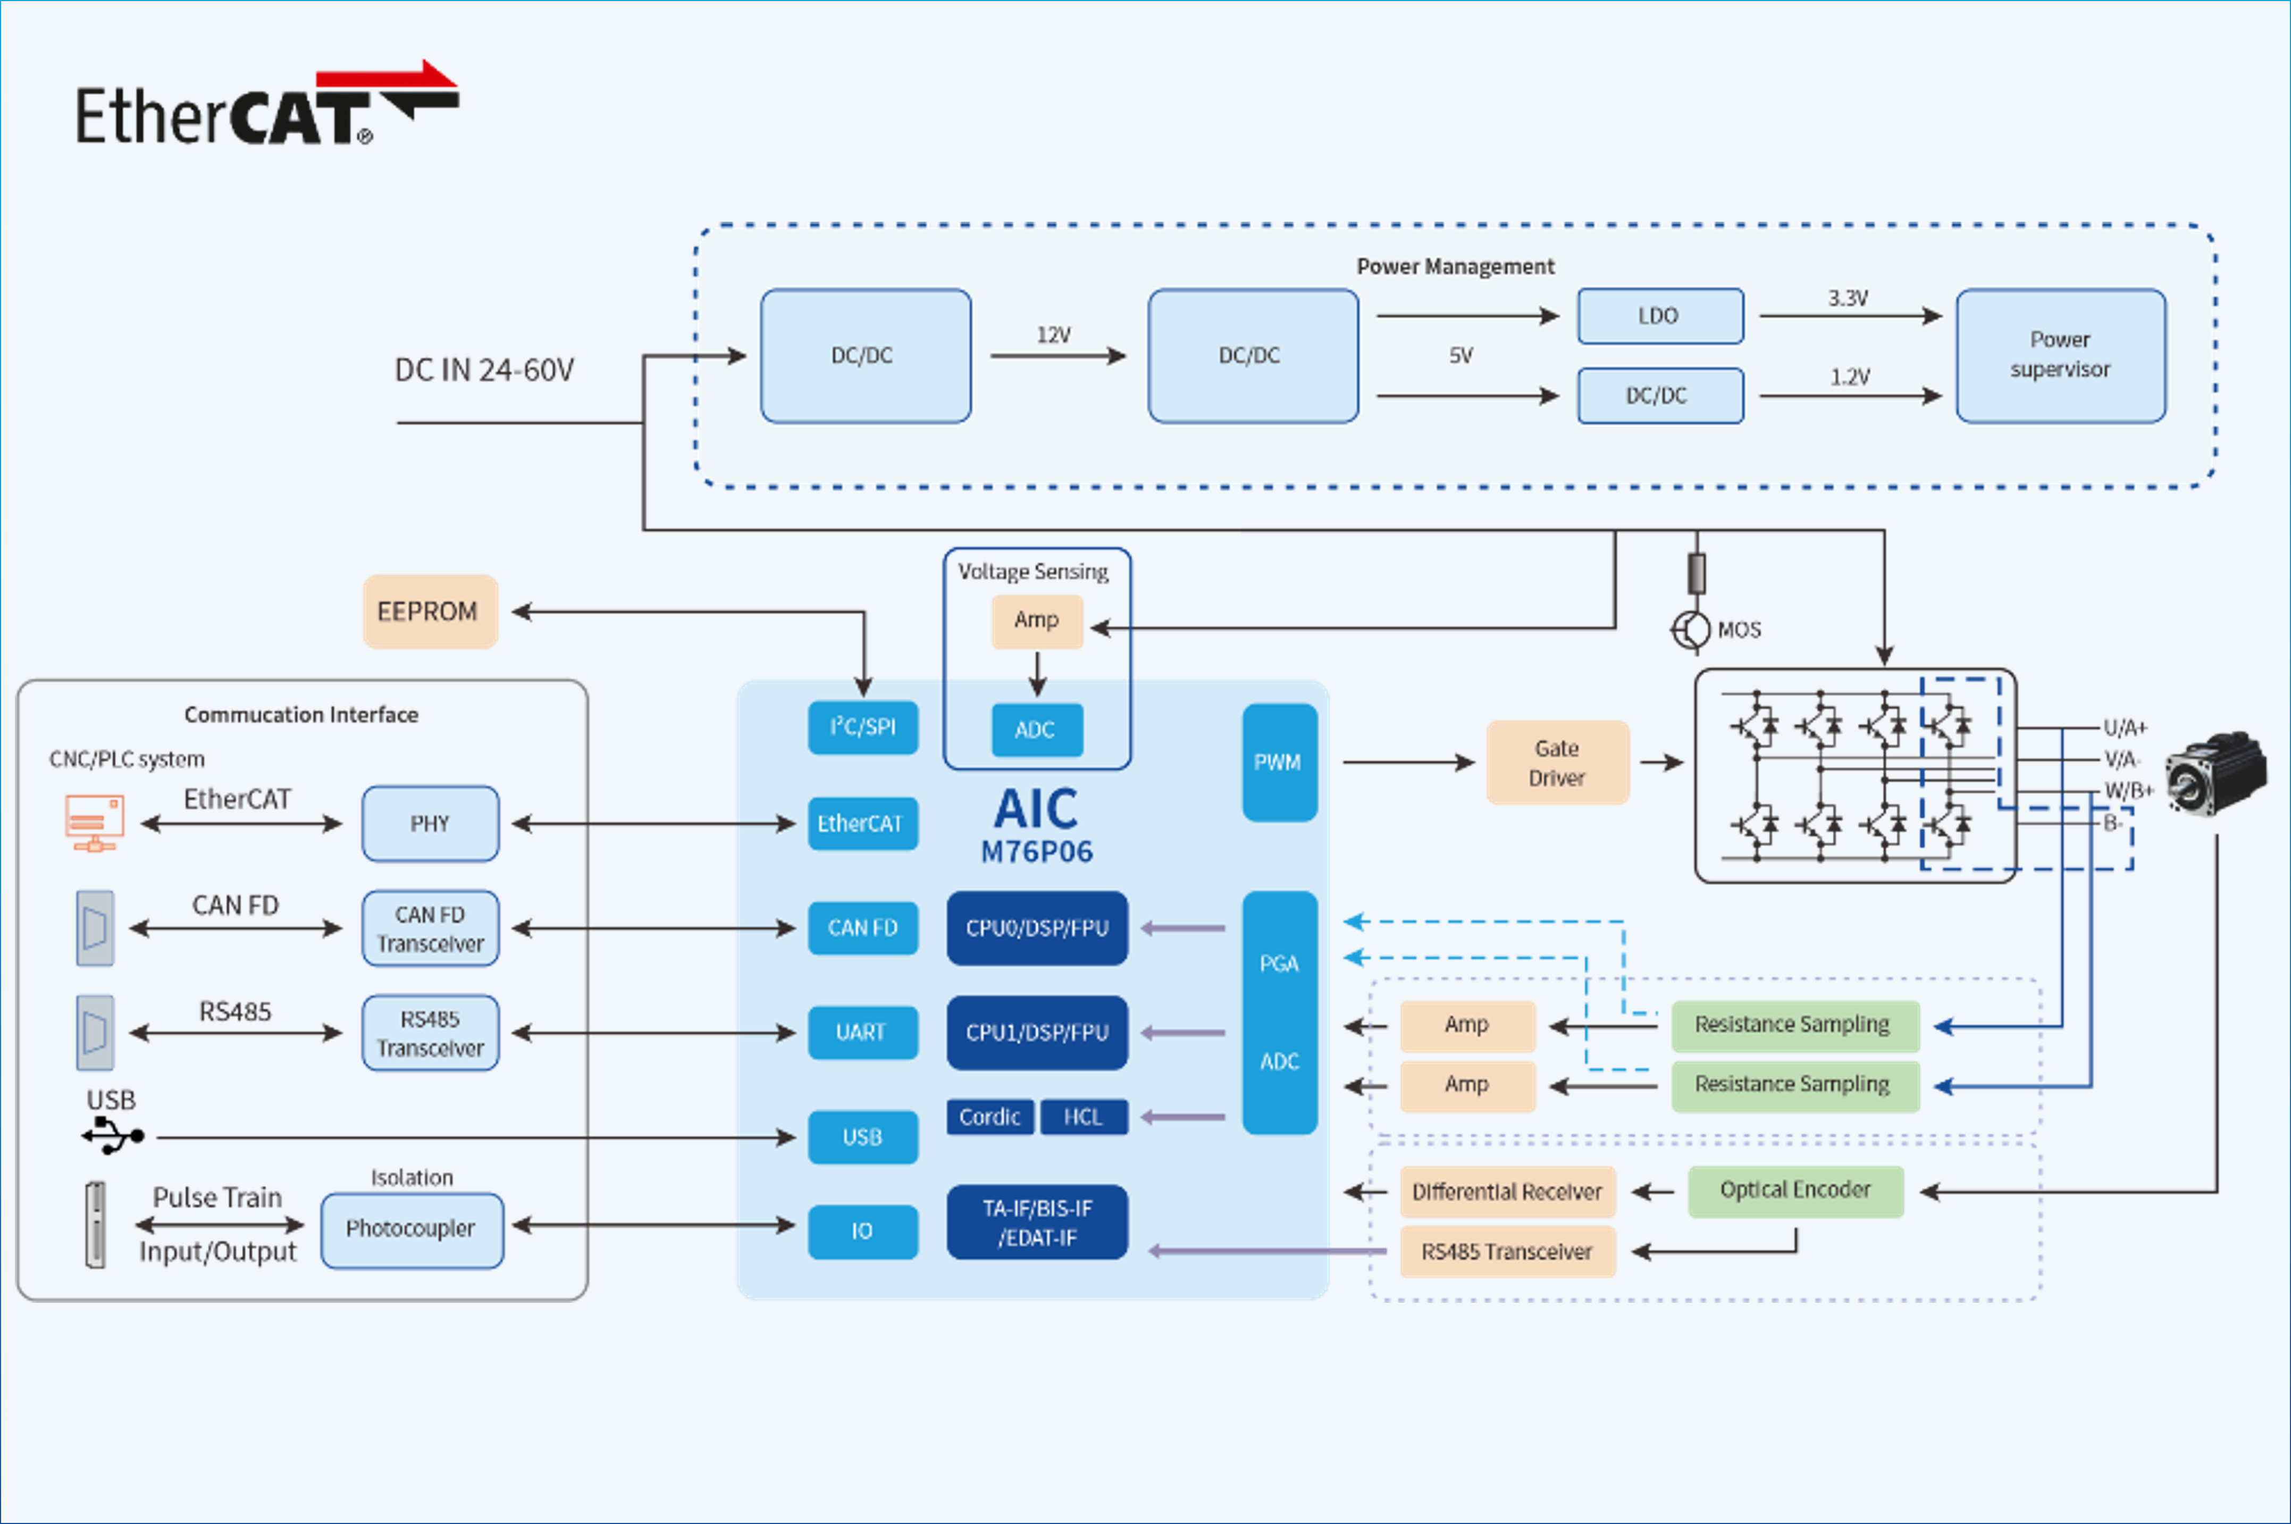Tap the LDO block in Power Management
point(1659,316)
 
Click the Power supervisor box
point(2060,355)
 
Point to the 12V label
point(1053,336)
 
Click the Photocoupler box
point(411,1229)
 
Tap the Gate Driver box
point(1556,763)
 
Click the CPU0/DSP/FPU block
point(1037,928)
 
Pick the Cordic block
point(990,1117)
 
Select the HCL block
point(1084,1117)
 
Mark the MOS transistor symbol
point(1691,630)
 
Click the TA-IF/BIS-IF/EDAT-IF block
point(1037,1222)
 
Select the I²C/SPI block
point(863,727)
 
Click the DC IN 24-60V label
point(484,370)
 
